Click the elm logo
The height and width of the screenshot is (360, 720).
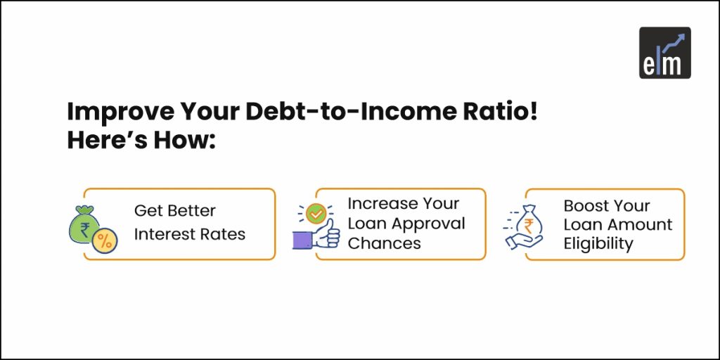665,53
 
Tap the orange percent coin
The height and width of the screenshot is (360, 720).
105,240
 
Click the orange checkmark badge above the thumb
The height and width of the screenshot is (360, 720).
316,213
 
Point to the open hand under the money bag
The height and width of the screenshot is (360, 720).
523,241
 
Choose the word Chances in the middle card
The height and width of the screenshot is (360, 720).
385,243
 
